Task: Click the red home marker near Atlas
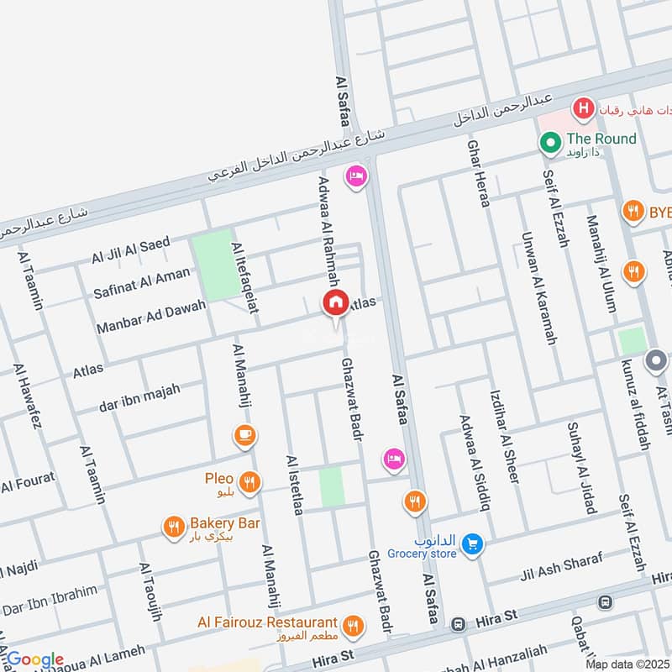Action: coord(335,303)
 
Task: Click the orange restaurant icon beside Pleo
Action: coord(249,482)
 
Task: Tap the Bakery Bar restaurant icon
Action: coord(173,528)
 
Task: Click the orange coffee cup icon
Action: coord(245,435)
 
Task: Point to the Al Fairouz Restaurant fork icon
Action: coord(353,625)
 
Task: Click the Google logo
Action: coord(34,659)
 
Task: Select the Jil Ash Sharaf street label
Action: coord(560,569)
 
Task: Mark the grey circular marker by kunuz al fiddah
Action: coord(656,363)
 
